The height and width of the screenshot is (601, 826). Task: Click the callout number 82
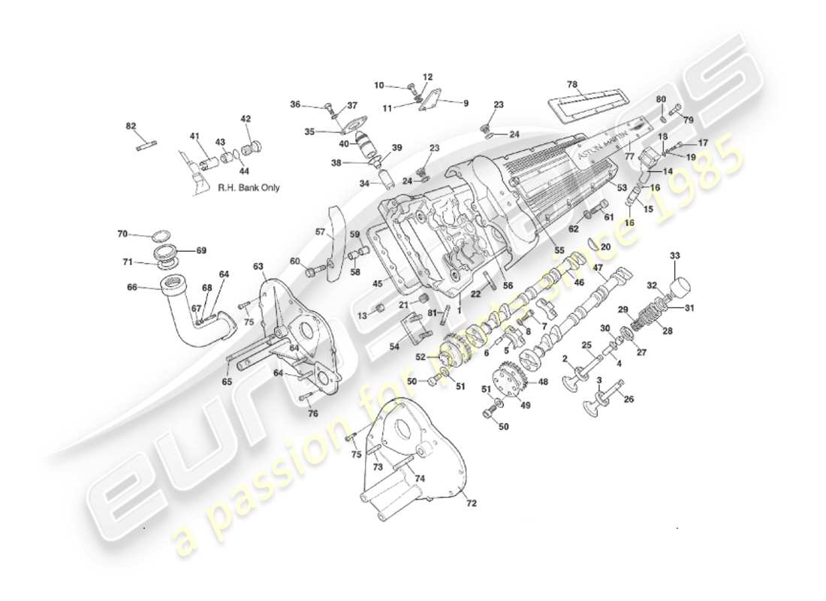coord(131,126)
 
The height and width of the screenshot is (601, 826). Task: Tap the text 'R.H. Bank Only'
coord(249,188)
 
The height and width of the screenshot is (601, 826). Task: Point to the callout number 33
coord(674,256)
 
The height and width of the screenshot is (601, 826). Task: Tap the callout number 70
coord(122,234)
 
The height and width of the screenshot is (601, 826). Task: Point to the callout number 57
coord(320,231)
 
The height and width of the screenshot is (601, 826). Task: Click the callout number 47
coord(598,267)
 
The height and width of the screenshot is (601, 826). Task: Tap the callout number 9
coord(465,103)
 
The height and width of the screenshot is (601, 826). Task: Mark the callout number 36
coord(295,104)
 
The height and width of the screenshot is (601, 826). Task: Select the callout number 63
coord(258,266)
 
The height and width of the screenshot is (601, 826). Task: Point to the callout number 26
coord(629,399)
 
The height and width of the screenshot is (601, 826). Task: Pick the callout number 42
coord(246,119)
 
